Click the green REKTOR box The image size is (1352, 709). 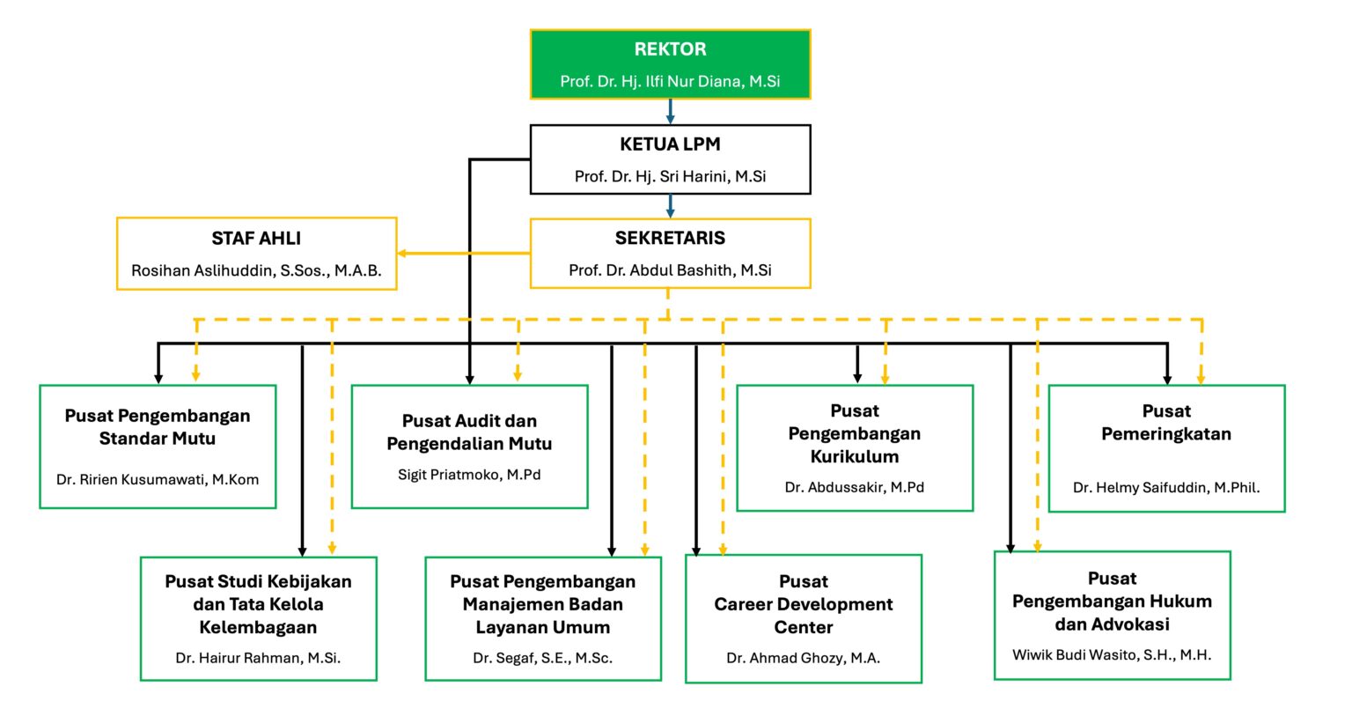click(670, 64)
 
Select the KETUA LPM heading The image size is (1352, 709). click(670, 144)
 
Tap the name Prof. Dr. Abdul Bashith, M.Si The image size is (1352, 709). click(670, 270)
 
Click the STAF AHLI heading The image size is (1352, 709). click(256, 239)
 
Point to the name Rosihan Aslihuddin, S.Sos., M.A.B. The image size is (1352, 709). click(256, 270)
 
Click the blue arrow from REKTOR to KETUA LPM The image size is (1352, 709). click(670, 112)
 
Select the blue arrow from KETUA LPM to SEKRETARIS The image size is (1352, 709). click(670, 206)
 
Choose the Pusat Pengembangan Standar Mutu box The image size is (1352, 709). click(158, 446)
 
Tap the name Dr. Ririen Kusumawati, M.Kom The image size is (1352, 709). click(158, 480)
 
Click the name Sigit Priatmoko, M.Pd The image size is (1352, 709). click(469, 475)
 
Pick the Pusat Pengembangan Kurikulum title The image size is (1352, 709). click(855, 433)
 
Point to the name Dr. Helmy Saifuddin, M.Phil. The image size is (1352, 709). click(1166, 486)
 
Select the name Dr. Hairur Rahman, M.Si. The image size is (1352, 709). click(258, 658)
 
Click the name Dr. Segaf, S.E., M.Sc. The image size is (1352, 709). click(542, 658)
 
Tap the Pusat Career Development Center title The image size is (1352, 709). click(803, 604)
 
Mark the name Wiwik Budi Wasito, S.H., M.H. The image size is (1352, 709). click(1112, 654)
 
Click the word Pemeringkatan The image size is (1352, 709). click(1166, 434)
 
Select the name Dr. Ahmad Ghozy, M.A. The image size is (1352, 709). click(803, 658)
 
